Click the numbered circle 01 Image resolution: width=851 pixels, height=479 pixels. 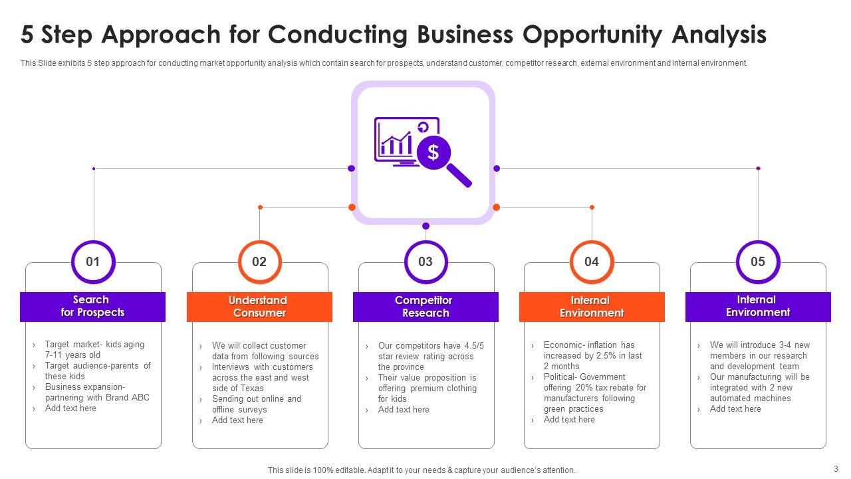pyautogui.click(x=93, y=261)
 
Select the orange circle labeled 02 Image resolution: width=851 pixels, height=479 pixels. pyautogui.click(x=259, y=261)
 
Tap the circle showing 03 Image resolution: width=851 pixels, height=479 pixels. pyautogui.click(x=425, y=261)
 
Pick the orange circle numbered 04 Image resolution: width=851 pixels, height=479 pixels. pyautogui.click(x=592, y=261)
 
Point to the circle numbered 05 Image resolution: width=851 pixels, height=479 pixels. pyautogui.click(x=758, y=261)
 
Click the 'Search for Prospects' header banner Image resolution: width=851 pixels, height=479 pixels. pyautogui.click(x=92, y=307)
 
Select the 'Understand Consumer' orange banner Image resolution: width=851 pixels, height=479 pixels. pyautogui.click(x=259, y=307)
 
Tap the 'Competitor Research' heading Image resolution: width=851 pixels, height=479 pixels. pyautogui.click(x=425, y=307)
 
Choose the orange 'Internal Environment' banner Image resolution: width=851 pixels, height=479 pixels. pyautogui.click(x=592, y=307)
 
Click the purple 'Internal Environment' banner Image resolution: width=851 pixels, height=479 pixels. pyautogui.click(x=758, y=306)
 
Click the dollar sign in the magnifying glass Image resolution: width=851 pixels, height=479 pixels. pyautogui.click(x=433, y=152)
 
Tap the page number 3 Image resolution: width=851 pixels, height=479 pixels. pyautogui.click(x=836, y=468)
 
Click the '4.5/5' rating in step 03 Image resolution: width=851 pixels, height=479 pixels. pyautogui.click(x=471, y=346)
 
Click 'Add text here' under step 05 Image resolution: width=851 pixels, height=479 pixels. pyautogui.click(x=735, y=409)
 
